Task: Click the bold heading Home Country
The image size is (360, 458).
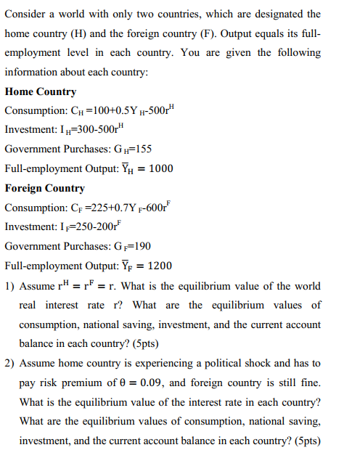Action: click(x=41, y=92)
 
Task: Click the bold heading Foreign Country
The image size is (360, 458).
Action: click(x=45, y=188)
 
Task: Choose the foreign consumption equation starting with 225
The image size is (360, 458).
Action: click(x=123, y=208)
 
